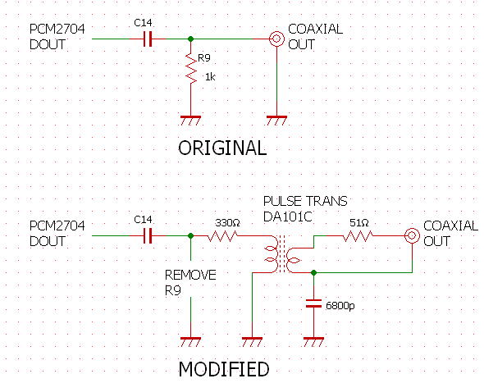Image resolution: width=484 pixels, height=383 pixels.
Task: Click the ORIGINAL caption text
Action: pos(222,148)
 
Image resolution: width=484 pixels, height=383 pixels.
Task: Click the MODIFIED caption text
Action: pos(224,369)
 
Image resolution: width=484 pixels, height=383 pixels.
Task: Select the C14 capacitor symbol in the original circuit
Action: pos(148,39)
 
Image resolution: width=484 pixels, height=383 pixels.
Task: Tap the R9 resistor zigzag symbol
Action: pos(191,69)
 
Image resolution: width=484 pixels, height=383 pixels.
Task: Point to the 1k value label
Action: pos(210,77)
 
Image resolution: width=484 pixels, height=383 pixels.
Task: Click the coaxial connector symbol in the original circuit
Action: pos(276,39)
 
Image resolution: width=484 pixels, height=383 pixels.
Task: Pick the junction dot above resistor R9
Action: pos(191,39)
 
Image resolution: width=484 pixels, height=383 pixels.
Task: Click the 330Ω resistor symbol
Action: pos(223,236)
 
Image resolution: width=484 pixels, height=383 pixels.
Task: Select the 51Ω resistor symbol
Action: pos(358,236)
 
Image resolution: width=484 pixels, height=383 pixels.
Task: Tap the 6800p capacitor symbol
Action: pos(313,303)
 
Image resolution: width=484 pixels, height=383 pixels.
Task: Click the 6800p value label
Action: pos(340,306)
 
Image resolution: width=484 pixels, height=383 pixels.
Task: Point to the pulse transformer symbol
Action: pos(282,254)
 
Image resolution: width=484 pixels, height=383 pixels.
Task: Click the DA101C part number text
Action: pos(288,217)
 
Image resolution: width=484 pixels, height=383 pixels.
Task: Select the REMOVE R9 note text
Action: pos(190,282)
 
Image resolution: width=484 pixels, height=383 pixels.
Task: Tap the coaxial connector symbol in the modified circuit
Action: pos(412,236)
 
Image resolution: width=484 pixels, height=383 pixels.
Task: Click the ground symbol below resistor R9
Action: pos(191,121)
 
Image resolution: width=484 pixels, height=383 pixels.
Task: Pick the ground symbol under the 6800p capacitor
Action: pos(313,342)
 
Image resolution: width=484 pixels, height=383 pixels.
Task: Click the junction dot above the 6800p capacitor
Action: pos(313,273)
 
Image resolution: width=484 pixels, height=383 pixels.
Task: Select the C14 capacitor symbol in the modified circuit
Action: pos(148,236)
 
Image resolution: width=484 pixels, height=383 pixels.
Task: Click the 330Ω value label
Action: pos(227,222)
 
